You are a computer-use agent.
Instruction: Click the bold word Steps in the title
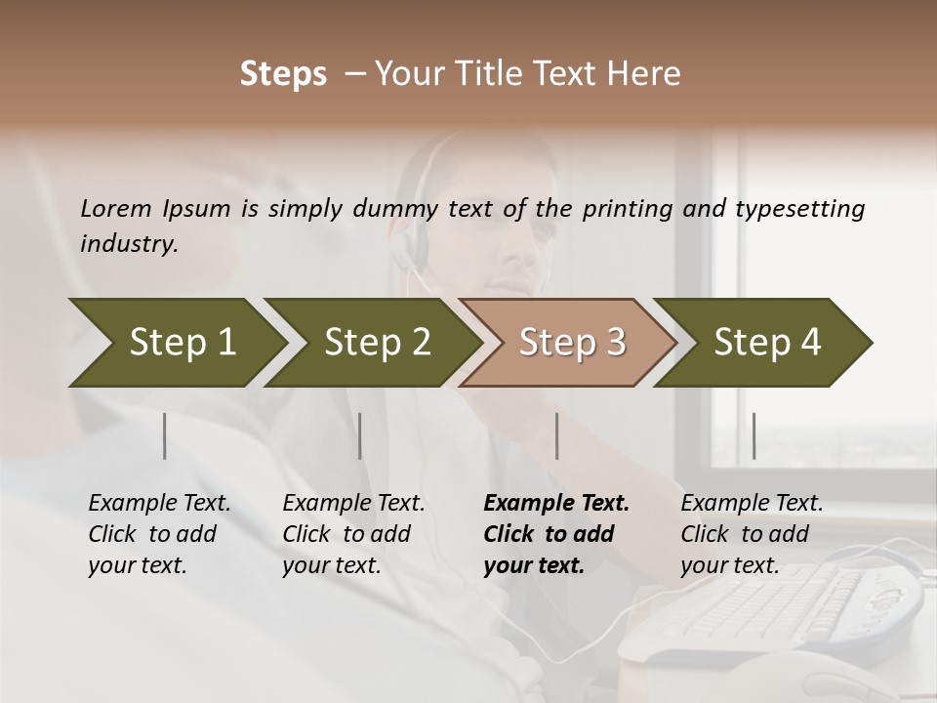coord(283,74)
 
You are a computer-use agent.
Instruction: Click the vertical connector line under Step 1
coord(165,435)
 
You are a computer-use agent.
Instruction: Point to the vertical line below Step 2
coord(360,435)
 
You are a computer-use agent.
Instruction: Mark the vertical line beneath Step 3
coord(557,435)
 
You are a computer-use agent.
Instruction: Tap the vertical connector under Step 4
coord(754,435)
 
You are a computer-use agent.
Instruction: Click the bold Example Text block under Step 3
coord(556,534)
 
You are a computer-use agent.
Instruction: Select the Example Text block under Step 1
coord(159,534)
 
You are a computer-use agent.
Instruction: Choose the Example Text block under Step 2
coord(353,534)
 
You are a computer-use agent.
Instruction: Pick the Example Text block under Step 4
coord(752,534)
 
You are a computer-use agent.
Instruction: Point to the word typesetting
coord(799,209)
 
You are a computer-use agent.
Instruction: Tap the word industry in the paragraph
coord(129,244)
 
